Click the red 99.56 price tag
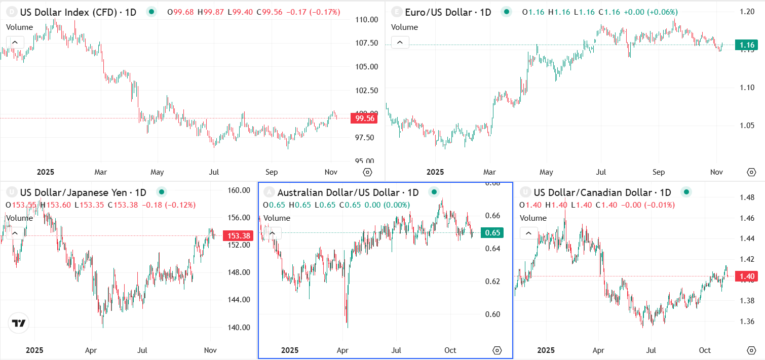pos(365,118)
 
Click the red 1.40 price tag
pos(746,276)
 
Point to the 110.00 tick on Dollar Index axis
pos(367,20)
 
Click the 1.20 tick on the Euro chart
pos(747,11)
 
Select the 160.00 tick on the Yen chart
pos(239,191)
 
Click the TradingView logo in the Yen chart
pos(19,323)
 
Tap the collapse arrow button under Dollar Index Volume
pos(15,43)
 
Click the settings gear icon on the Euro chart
pos(751,172)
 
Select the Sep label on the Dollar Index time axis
pos(272,172)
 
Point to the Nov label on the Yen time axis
pos(210,350)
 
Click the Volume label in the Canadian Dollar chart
pos(533,218)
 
